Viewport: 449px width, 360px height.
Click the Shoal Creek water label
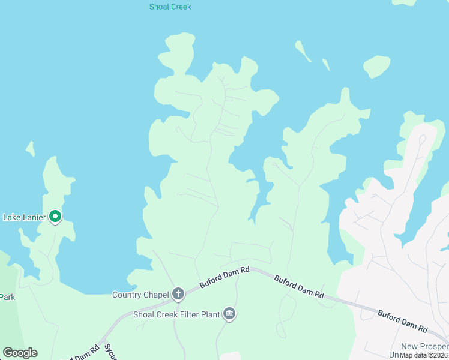click(x=170, y=7)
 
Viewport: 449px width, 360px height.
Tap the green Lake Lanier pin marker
click(x=55, y=217)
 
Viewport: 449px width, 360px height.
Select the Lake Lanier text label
click(x=24, y=217)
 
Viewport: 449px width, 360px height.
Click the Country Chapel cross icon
click(x=178, y=294)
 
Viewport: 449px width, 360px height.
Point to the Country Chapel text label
click(x=140, y=295)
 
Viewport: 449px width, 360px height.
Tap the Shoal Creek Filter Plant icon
click(x=229, y=313)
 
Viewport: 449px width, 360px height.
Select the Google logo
click(x=20, y=353)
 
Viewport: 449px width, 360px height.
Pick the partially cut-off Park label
click(x=7, y=296)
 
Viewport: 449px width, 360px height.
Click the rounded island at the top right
click(x=376, y=66)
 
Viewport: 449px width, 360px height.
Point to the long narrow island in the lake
click(x=303, y=52)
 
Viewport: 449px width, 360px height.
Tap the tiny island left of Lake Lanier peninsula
click(x=30, y=148)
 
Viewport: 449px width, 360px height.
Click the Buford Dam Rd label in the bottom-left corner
click(x=78, y=353)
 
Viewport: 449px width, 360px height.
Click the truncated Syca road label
click(x=109, y=352)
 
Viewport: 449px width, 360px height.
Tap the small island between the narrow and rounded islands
click(x=326, y=64)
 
